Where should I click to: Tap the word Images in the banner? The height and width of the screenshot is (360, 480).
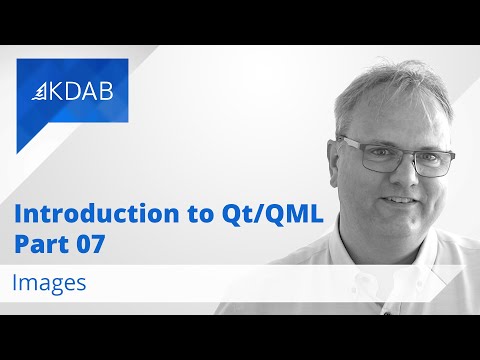pos(49,283)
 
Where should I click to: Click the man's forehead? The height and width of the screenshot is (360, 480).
pos(395,115)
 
